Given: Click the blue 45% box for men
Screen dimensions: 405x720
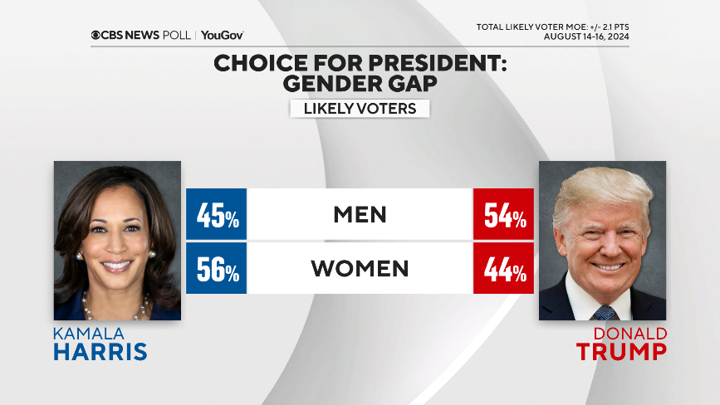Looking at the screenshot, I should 216,214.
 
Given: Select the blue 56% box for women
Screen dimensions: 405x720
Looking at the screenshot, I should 216,268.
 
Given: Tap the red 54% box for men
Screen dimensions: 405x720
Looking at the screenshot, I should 503,214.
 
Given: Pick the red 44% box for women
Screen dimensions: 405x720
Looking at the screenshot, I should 503,268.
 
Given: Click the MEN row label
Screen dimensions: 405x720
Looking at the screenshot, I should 360,214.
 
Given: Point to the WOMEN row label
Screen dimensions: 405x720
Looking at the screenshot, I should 360,268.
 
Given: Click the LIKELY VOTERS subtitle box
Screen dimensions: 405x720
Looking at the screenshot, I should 360,109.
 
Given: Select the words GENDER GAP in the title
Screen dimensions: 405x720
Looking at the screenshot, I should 360,83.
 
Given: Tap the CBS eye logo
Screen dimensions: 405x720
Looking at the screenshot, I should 96,35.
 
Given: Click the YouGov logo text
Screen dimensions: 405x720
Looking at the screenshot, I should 222,35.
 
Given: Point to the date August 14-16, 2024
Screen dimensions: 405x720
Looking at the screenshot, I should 586,37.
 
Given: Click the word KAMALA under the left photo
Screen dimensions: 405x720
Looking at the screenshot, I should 89,333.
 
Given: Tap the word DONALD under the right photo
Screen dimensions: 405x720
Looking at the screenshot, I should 630,333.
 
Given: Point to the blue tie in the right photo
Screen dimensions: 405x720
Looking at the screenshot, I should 605,312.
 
